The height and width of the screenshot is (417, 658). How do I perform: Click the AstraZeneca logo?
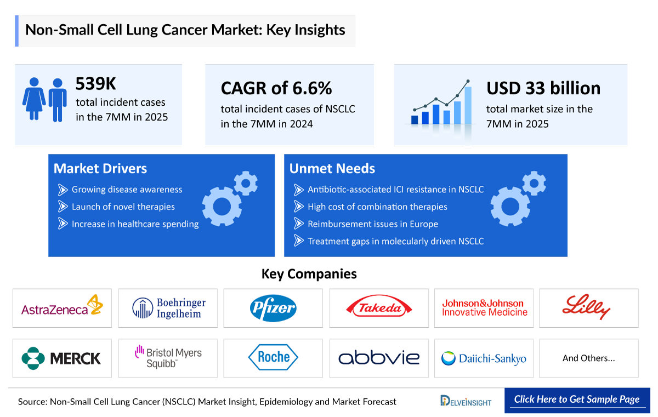click(x=62, y=308)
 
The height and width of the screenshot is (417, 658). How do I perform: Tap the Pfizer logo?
click(x=273, y=308)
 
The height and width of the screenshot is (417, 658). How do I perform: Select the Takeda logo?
click(x=379, y=308)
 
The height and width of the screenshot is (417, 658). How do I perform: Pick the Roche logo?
click(x=273, y=358)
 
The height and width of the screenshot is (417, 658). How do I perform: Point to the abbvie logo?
click(x=379, y=358)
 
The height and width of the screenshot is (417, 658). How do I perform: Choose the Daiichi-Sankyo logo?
click(x=484, y=358)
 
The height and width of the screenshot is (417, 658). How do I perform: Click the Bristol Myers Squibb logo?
click(x=168, y=357)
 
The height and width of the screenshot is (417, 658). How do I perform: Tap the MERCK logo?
click(x=62, y=358)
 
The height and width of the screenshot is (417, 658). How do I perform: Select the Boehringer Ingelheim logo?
click(x=168, y=308)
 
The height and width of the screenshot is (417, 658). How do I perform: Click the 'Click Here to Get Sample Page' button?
click(x=577, y=399)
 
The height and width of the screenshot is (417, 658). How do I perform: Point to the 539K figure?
click(x=96, y=84)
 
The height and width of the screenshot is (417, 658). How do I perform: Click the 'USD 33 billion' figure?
click(x=543, y=88)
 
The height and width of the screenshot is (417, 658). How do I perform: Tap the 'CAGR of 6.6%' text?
click(x=276, y=88)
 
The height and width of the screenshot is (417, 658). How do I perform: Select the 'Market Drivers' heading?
click(x=100, y=169)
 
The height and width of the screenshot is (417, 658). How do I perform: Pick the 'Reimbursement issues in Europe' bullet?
click(x=372, y=224)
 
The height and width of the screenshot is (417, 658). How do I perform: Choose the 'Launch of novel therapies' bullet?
click(x=123, y=207)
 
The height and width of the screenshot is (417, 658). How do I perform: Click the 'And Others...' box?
click(x=588, y=358)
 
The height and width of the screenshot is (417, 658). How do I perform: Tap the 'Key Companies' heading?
click(x=309, y=273)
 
